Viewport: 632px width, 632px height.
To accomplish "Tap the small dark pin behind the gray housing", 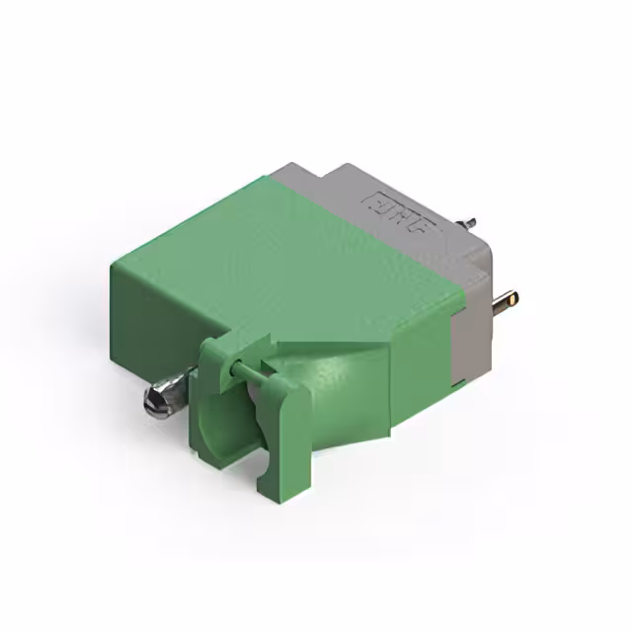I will pyautogui.click(x=471, y=222).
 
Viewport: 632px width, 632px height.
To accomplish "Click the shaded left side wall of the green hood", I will pyautogui.click(x=148, y=316).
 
